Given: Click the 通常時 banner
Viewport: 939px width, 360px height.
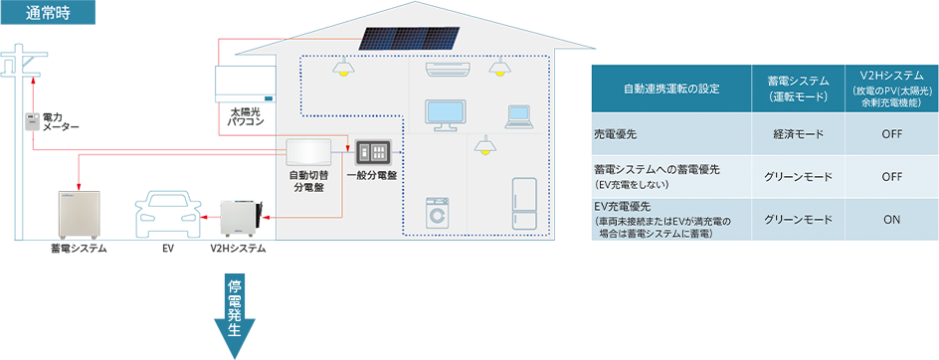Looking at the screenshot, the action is coord(48,13).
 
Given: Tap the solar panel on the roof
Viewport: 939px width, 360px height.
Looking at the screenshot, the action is coord(410,38).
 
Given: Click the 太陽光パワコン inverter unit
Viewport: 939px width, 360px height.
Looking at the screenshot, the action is coord(246,84).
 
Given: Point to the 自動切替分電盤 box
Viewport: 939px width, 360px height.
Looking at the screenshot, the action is coord(308,153).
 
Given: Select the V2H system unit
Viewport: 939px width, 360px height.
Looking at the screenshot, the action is coord(241,218).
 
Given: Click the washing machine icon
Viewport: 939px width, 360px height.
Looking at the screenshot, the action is coord(438,213).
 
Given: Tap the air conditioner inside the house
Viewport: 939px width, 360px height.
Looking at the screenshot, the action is coord(448,70).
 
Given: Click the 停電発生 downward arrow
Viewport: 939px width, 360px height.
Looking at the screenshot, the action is coord(234,314).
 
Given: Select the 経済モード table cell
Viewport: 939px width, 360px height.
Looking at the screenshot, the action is coord(799,134).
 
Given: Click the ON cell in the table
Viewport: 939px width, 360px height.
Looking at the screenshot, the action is coord(891,220).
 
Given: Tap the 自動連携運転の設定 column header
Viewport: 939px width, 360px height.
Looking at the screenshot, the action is coord(671,89).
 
